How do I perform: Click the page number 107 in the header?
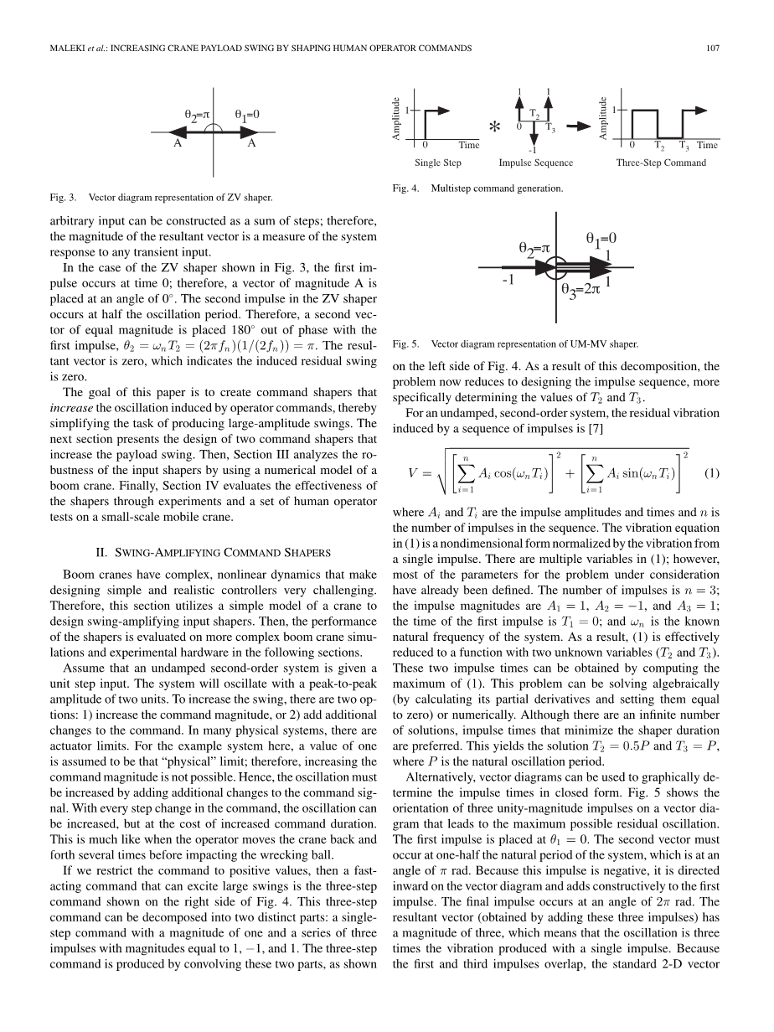tap(713, 49)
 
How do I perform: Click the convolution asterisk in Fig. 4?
tap(494, 128)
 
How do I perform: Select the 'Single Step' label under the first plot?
tap(437, 163)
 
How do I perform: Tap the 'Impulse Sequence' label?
tap(536, 163)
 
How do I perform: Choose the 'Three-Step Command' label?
tap(661, 163)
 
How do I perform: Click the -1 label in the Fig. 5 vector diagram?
tap(508, 281)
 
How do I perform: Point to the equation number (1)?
tap(712, 472)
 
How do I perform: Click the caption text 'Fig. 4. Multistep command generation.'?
tap(477, 189)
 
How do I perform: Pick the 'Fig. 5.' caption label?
tap(405, 343)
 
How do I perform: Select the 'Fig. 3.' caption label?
tap(64, 198)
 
